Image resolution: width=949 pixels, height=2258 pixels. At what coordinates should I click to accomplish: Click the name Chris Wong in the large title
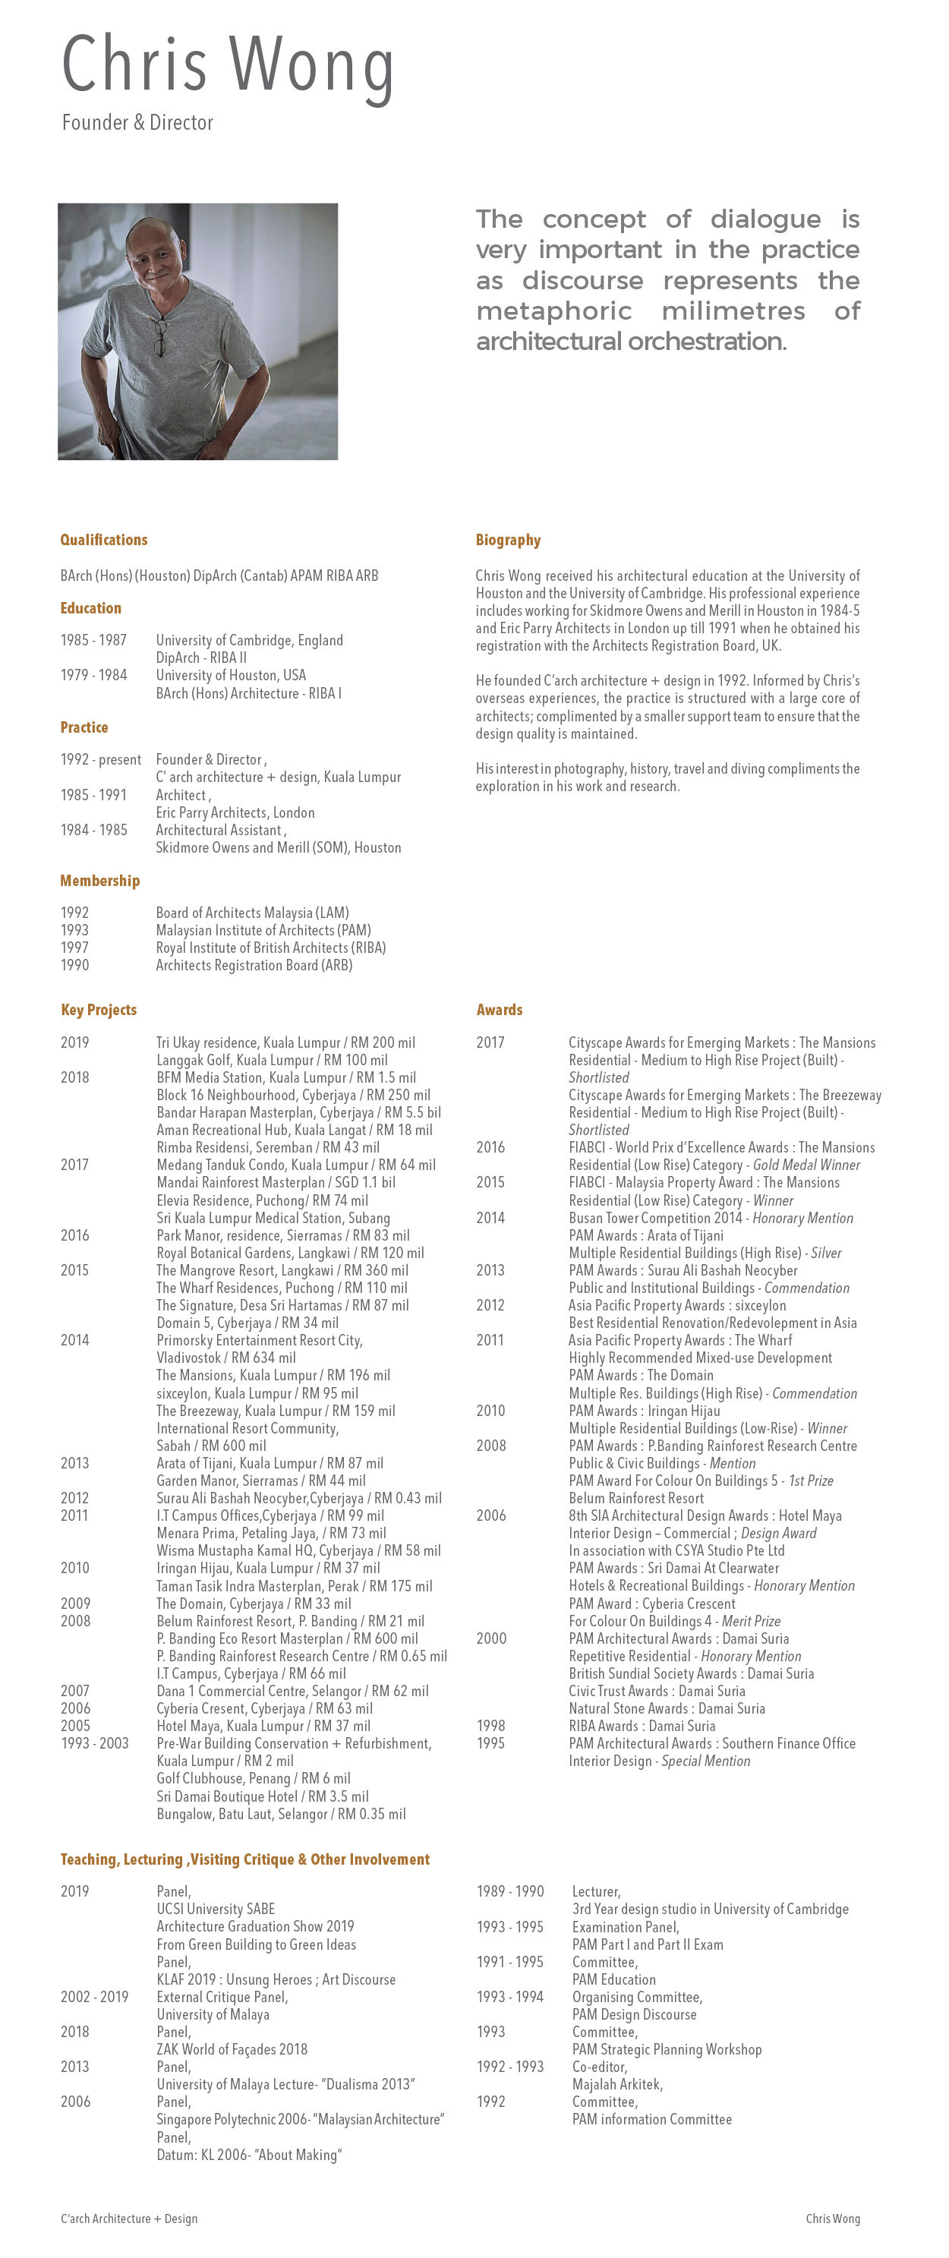(228, 67)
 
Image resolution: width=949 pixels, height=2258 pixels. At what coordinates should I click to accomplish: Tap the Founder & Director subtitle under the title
(137, 123)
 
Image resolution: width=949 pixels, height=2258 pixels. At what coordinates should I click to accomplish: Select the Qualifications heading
(103, 540)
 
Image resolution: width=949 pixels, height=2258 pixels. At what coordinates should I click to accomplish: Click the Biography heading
(508, 540)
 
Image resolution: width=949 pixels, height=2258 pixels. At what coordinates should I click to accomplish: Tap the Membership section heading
(100, 881)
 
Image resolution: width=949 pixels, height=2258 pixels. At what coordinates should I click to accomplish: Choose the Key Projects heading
(99, 1010)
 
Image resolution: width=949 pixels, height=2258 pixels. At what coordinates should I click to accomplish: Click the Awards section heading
(500, 1010)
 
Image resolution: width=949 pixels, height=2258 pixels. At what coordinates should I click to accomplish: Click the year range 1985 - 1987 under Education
(93, 640)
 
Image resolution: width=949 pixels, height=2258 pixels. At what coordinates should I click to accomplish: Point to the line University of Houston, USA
(232, 675)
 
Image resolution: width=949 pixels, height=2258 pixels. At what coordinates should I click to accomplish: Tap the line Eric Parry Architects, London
(235, 812)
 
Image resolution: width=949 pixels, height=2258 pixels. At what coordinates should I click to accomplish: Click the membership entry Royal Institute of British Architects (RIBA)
(271, 948)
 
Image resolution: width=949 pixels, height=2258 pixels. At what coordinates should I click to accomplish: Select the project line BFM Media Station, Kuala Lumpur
(285, 1077)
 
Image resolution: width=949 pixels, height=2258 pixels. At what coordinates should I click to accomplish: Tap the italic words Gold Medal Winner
(806, 1165)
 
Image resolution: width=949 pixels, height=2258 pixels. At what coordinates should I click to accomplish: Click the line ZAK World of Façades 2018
(232, 2049)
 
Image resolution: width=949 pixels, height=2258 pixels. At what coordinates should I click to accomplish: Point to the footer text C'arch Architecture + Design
(129, 2219)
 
